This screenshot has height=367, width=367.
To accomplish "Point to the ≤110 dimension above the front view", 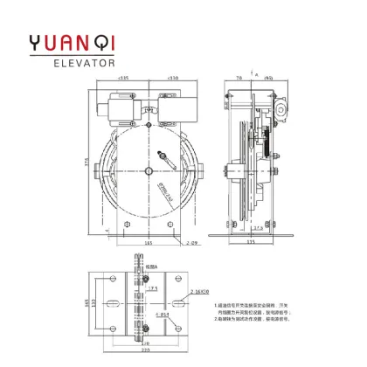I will (x=172, y=79).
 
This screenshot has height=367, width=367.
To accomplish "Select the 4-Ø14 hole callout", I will (x=161, y=314).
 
